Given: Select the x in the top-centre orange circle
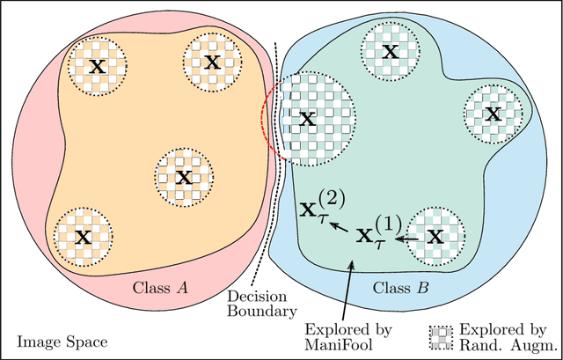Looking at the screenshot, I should pos(212,62).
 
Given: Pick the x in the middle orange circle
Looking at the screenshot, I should pos(183,177).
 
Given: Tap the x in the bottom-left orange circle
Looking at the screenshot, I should pos(83,236).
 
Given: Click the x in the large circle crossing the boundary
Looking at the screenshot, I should pos(306,120).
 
